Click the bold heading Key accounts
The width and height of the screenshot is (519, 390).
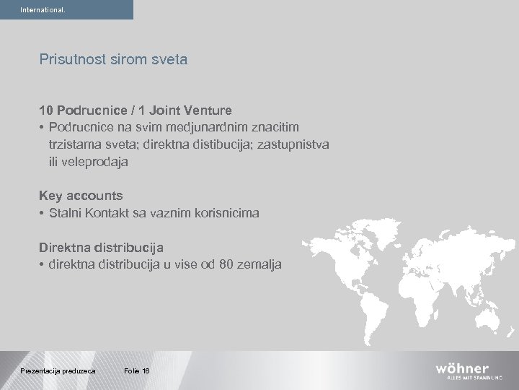pyautogui.click(x=81, y=196)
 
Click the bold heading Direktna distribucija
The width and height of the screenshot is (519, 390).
pyautogui.click(x=102, y=247)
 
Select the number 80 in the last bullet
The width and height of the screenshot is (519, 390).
pyautogui.click(x=230, y=264)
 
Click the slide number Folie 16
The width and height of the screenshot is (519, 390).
pyautogui.click(x=136, y=370)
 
